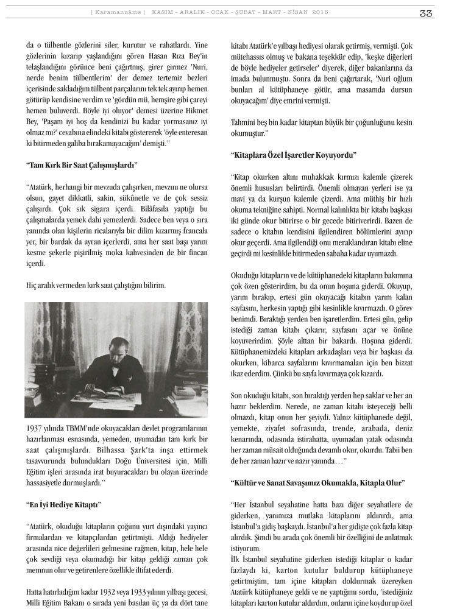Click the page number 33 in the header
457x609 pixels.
click(426, 13)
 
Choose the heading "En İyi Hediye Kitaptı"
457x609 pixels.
click(63, 505)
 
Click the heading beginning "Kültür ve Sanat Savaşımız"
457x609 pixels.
click(317, 483)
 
